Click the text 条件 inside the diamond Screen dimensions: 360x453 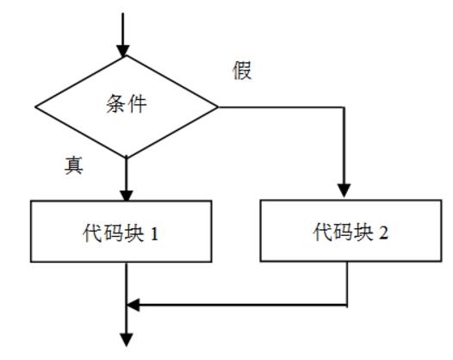[126, 105]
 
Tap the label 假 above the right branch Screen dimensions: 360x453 [242, 71]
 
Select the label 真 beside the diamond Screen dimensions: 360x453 [74, 165]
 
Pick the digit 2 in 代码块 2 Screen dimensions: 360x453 [382, 233]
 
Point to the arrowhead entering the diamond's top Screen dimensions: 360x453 [126, 50]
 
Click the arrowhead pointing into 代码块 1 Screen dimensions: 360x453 [126, 193]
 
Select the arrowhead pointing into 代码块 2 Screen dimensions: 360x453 [346, 191]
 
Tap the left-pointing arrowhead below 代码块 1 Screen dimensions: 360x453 [133, 305]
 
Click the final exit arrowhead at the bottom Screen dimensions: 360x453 [126, 339]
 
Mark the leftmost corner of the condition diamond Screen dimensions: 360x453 [35, 107]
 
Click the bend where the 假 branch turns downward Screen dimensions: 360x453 [346, 108]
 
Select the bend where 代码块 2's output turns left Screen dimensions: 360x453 [346, 305]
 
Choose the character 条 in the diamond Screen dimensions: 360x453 [115, 105]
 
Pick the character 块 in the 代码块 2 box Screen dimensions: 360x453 [360, 233]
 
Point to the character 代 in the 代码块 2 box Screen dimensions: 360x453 [321, 233]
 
